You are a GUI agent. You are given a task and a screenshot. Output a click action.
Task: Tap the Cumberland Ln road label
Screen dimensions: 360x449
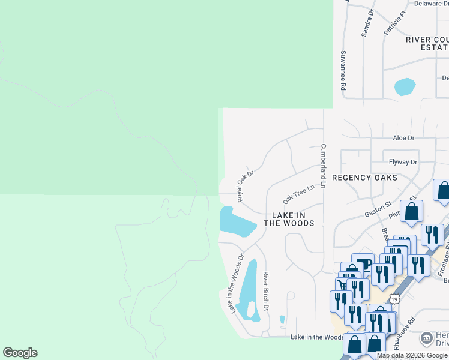point(323,166)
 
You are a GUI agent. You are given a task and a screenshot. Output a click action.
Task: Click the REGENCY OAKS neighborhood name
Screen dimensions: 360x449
point(364,178)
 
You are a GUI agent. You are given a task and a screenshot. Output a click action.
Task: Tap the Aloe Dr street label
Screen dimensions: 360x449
point(403,138)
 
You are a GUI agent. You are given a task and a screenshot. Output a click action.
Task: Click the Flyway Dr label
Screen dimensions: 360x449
point(403,162)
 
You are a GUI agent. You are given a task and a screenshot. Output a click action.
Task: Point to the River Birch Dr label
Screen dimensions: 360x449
point(265,291)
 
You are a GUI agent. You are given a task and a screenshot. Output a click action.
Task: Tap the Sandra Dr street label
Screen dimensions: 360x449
point(367,23)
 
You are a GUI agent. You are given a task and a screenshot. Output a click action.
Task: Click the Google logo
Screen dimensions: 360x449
point(20,353)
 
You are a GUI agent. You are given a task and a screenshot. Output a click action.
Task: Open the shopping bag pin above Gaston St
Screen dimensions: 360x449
point(412,212)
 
